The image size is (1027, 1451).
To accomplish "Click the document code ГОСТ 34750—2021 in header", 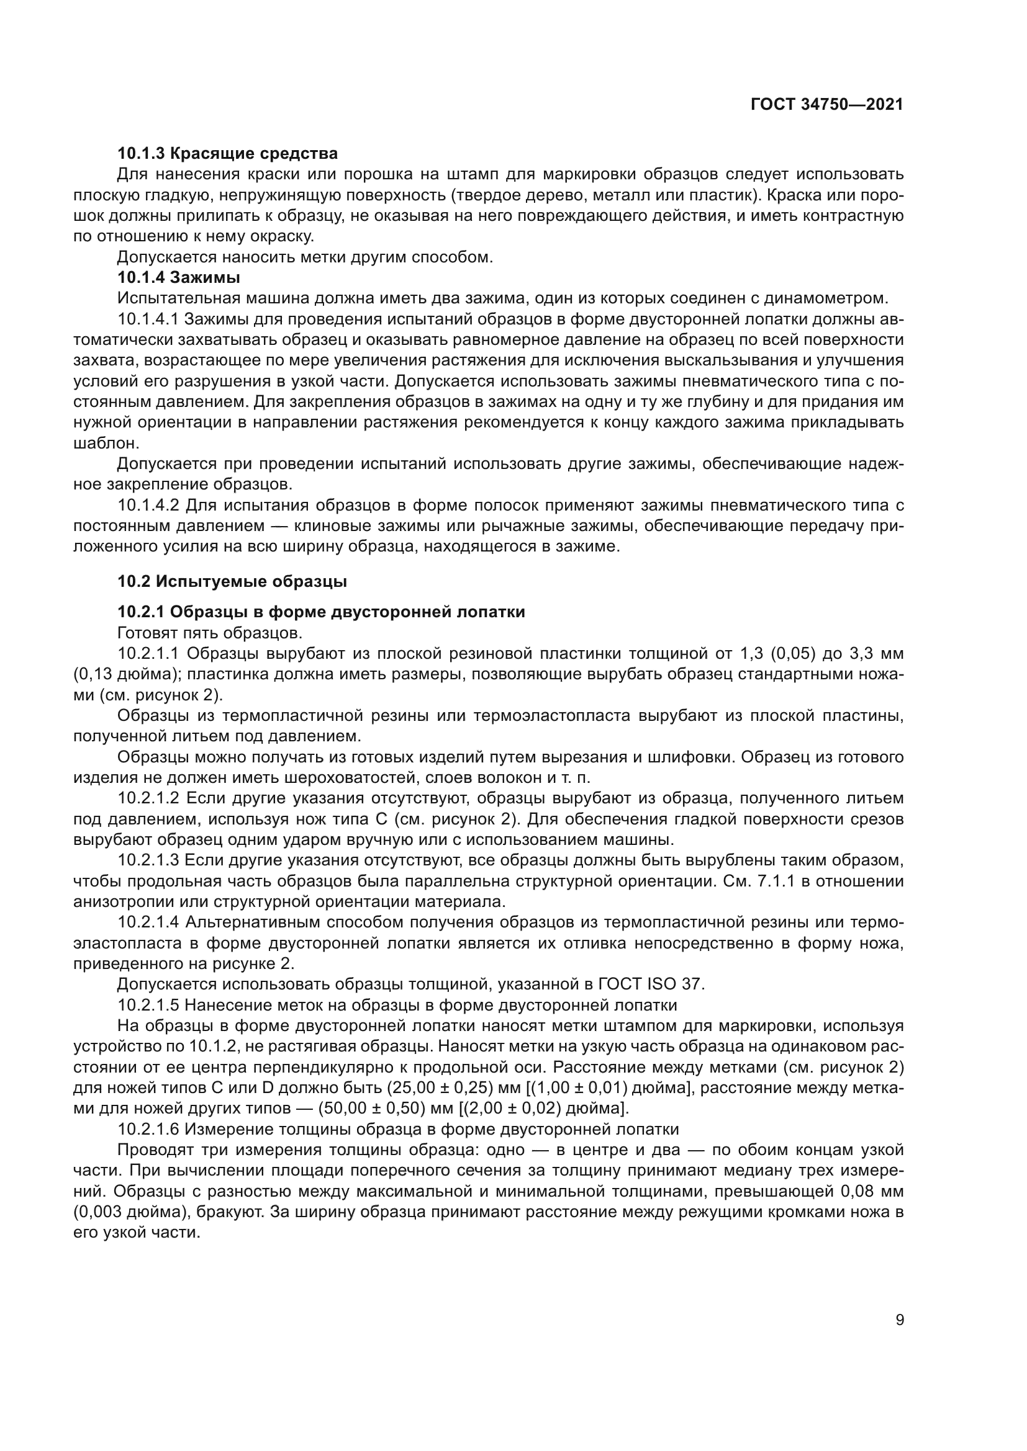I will coord(826,105).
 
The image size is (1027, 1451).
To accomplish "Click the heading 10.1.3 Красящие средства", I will coord(228,154).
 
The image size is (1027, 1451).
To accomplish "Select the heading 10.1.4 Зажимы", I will coord(179,277).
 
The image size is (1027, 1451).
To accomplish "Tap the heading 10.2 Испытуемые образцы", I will coord(232,581).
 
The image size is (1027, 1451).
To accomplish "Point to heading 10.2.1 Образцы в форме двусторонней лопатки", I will coord(321,612).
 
